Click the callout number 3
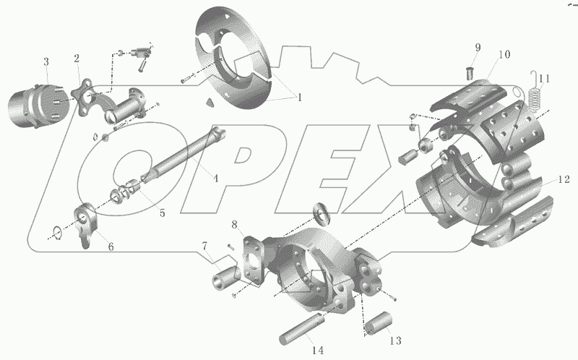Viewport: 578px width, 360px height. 46,62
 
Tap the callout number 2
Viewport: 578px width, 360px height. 77,59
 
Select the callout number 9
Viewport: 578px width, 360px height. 478,48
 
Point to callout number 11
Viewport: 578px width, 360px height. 545,79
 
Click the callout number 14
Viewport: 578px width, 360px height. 318,350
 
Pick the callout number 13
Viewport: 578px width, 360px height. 395,340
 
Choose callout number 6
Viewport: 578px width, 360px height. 111,247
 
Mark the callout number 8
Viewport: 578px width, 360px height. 235,224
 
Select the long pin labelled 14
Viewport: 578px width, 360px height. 301,329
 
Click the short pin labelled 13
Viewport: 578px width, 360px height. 379,323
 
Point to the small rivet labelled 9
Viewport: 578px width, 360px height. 467,73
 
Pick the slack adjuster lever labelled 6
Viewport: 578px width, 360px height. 86,224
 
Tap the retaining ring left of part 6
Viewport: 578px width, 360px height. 57,233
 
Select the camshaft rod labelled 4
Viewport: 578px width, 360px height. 184,155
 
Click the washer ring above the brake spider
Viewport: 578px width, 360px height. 322,214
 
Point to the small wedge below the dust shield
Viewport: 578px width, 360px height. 210,103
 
